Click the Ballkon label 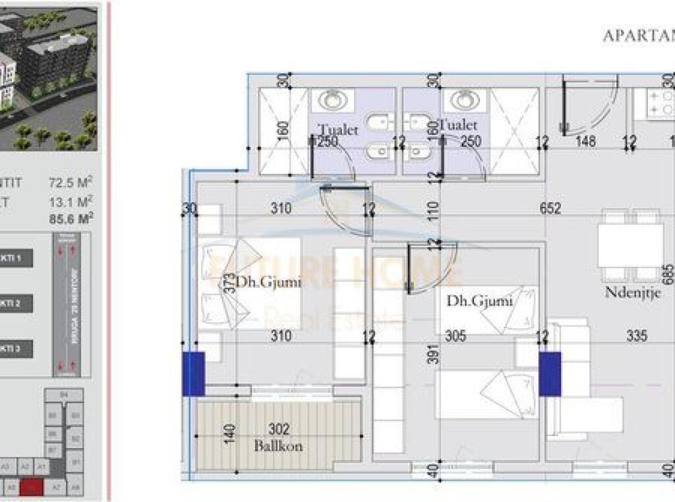click(x=278, y=446)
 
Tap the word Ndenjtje click(x=633, y=293)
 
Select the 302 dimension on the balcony click(x=279, y=430)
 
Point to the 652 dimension click(x=550, y=208)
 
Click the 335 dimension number click(x=636, y=336)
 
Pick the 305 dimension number click(x=455, y=336)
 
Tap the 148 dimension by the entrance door click(x=585, y=141)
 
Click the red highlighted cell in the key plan click(x=32, y=487)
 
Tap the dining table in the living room click(x=630, y=245)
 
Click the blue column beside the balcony click(x=194, y=374)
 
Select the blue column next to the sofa click(x=550, y=374)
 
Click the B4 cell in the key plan click(x=63, y=395)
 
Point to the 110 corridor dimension click(x=432, y=211)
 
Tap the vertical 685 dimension click(x=669, y=273)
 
